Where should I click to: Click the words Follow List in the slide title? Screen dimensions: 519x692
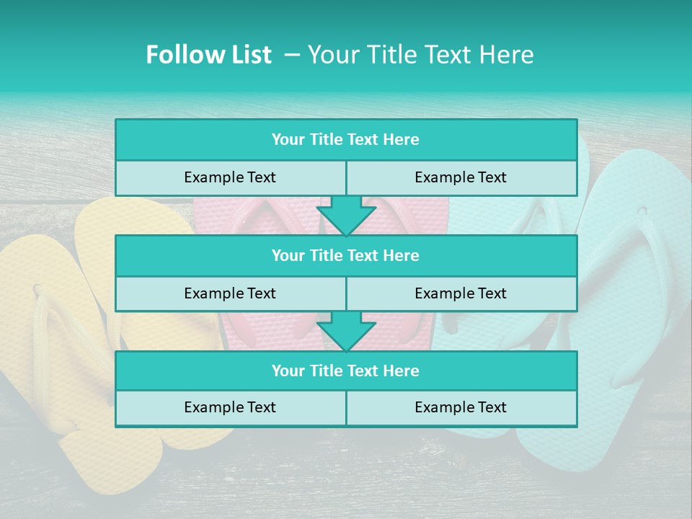[208, 55]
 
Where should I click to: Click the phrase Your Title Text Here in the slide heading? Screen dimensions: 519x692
[420, 55]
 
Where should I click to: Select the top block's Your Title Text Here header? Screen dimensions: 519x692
[345, 140]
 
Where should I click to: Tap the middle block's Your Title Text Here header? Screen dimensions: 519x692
[345, 255]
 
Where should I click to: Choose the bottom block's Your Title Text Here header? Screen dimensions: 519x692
[345, 371]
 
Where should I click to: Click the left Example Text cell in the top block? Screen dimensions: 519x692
[230, 177]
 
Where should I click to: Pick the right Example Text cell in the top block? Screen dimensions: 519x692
[461, 177]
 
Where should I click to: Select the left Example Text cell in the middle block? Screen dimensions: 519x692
[230, 293]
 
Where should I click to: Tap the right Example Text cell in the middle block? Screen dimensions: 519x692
[461, 293]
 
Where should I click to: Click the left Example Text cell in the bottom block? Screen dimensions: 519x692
[230, 407]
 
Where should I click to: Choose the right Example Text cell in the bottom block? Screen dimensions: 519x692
[461, 407]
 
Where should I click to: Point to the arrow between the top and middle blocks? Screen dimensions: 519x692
[346, 215]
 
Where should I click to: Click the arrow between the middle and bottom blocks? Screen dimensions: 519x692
[346, 331]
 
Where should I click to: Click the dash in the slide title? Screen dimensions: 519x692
[292, 55]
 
